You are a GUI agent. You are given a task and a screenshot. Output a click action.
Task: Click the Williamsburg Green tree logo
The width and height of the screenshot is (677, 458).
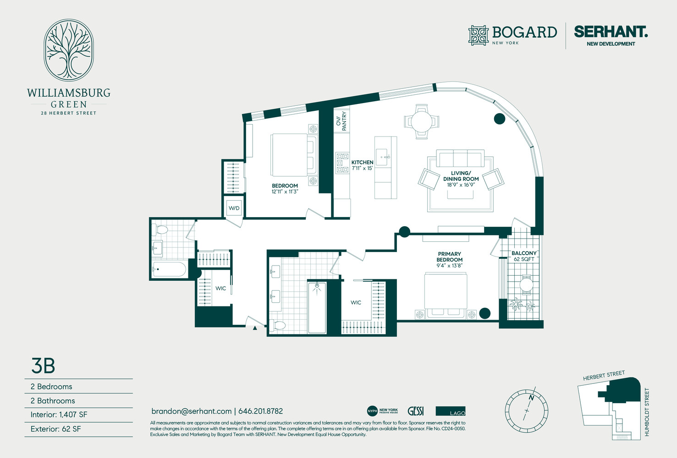click(69, 50)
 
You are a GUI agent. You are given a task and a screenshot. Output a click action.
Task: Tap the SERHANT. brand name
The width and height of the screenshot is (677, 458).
click(611, 32)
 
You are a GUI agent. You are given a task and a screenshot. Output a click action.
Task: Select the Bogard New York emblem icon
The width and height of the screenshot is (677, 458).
click(478, 35)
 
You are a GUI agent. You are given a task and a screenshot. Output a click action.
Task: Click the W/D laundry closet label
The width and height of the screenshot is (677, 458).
click(234, 208)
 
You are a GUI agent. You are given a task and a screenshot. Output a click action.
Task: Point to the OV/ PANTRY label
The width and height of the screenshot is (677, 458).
click(341, 121)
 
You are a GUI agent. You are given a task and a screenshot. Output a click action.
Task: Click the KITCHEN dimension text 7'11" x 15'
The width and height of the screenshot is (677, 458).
click(362, 169)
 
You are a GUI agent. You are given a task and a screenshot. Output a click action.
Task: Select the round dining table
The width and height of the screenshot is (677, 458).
click(421, 121)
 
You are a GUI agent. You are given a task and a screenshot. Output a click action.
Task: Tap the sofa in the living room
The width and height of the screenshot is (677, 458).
click(460, 158)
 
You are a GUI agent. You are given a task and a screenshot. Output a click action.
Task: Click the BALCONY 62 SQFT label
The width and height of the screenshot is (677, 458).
click(524, 256)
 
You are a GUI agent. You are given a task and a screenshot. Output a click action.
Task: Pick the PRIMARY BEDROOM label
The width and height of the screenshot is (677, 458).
click(449, 257)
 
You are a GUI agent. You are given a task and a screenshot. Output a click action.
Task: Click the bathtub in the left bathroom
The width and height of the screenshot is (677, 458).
click(169, 269)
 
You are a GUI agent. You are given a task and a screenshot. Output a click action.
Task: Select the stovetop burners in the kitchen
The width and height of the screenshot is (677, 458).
click(342, 163)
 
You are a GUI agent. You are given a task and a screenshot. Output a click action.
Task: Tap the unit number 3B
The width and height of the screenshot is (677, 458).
click(43, 365)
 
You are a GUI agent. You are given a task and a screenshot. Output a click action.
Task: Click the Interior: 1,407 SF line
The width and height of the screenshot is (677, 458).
click(59, 415)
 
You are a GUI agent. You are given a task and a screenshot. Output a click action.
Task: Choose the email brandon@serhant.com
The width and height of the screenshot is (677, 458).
click(191, 411)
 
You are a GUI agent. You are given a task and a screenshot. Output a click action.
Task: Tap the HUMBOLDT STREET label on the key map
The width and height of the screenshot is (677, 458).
click(647, 412)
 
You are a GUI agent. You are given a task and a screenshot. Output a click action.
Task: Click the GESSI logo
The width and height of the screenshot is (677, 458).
click(415, 411)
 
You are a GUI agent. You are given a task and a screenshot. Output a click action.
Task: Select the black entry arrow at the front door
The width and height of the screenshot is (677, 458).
click(255, 327)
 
